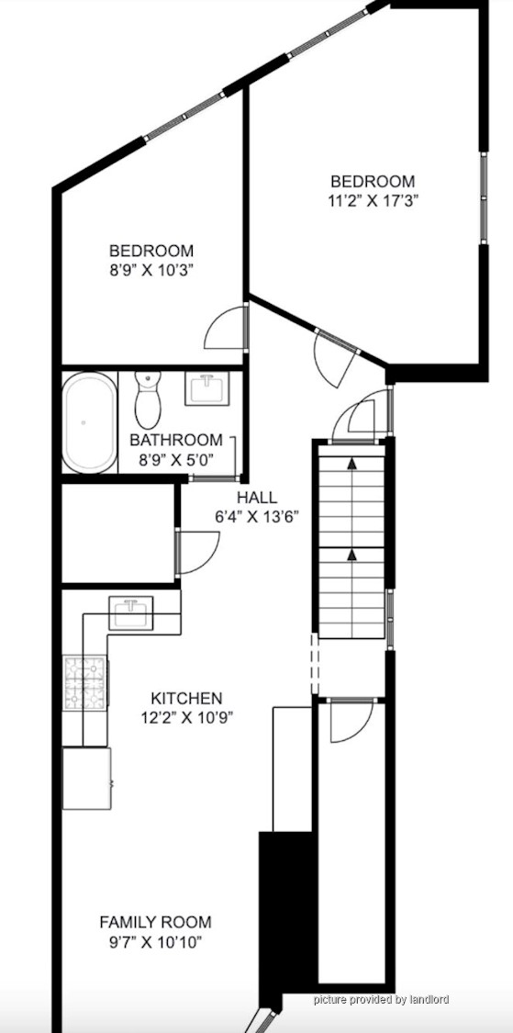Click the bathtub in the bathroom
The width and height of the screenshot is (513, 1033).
(x=90, y=422)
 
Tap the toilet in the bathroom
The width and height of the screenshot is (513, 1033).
(x=148, y=399)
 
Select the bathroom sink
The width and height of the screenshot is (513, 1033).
(x=206, y=388)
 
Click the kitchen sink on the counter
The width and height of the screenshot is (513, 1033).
(x=130, y=612)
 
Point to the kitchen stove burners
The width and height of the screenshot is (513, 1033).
(x=85, y=683)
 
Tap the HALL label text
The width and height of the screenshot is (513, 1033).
(x=258, y=498)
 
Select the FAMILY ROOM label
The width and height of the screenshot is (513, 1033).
(x=155, y=922)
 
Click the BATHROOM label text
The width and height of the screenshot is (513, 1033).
(x=176, y=440)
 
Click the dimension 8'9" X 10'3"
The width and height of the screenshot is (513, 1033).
(x=151, y=270)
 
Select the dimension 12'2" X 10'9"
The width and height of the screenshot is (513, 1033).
(x=186, y=717)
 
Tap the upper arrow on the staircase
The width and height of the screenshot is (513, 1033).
(x=351, y=464)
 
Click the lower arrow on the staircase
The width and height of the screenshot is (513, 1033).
(x=351, y=556)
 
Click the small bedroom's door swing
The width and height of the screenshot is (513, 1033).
(x=226, y=328)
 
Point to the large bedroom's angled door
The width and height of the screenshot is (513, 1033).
(x=335, y=359)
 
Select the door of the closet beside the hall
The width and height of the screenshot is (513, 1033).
(x=198, y=552)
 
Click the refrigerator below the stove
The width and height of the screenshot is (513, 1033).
(x=86, y=778)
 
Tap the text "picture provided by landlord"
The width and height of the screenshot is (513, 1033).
(x=381, y=999)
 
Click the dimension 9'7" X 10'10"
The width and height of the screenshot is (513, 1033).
(x=155, y=941)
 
